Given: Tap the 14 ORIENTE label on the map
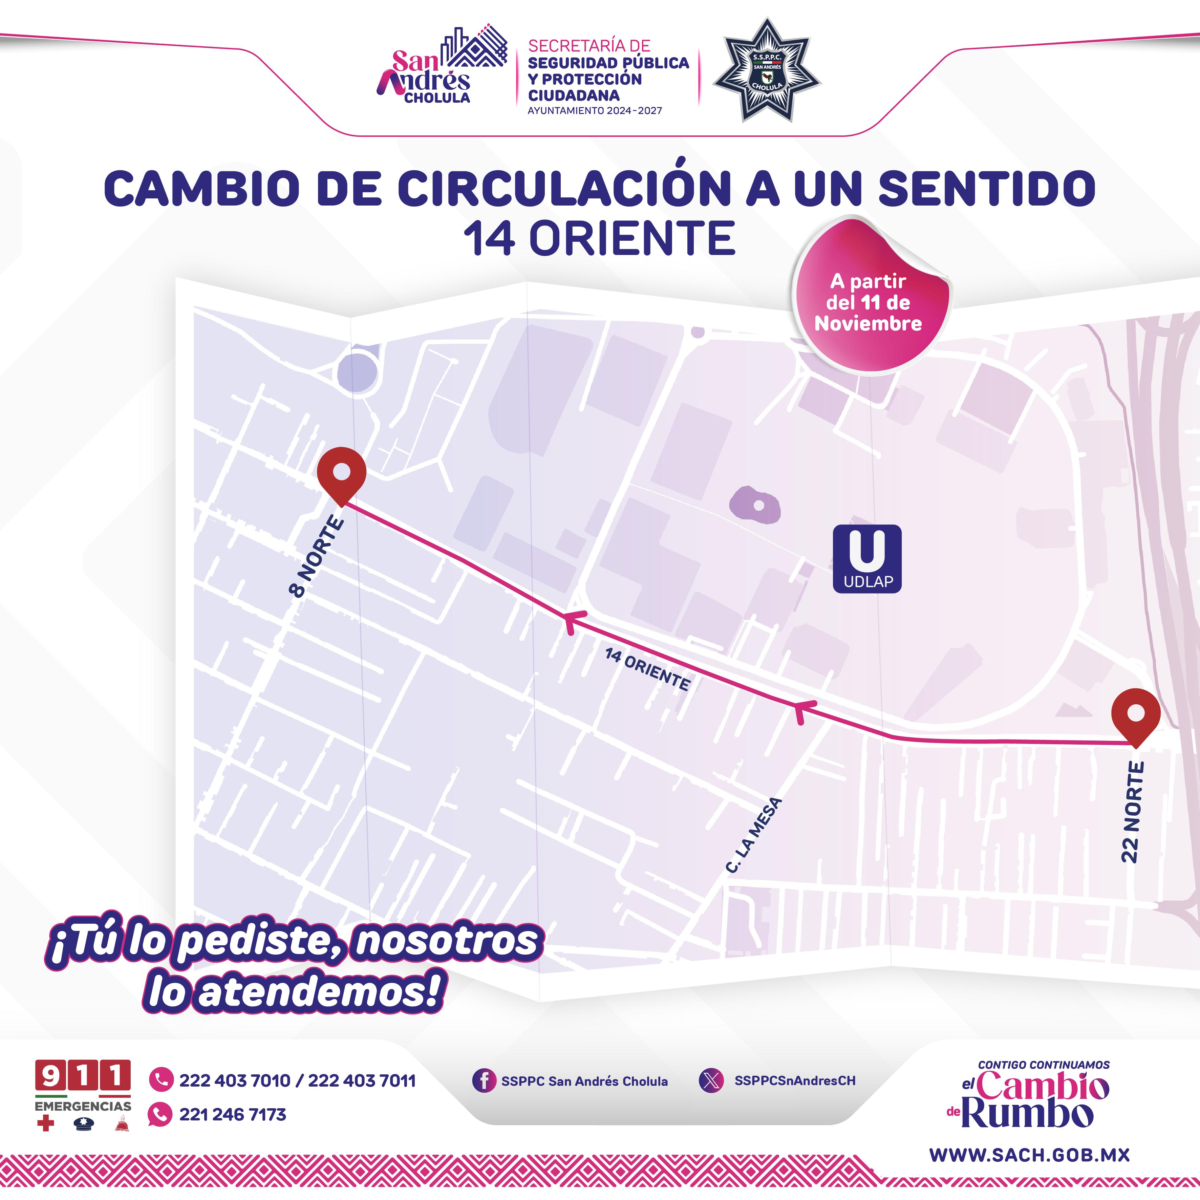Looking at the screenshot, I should pos(647,669).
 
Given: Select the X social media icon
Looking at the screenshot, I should pos(711,1080).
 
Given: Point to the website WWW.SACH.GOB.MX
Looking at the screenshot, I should pos(1029,1155).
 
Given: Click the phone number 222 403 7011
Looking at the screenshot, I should pos(362,1081).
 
